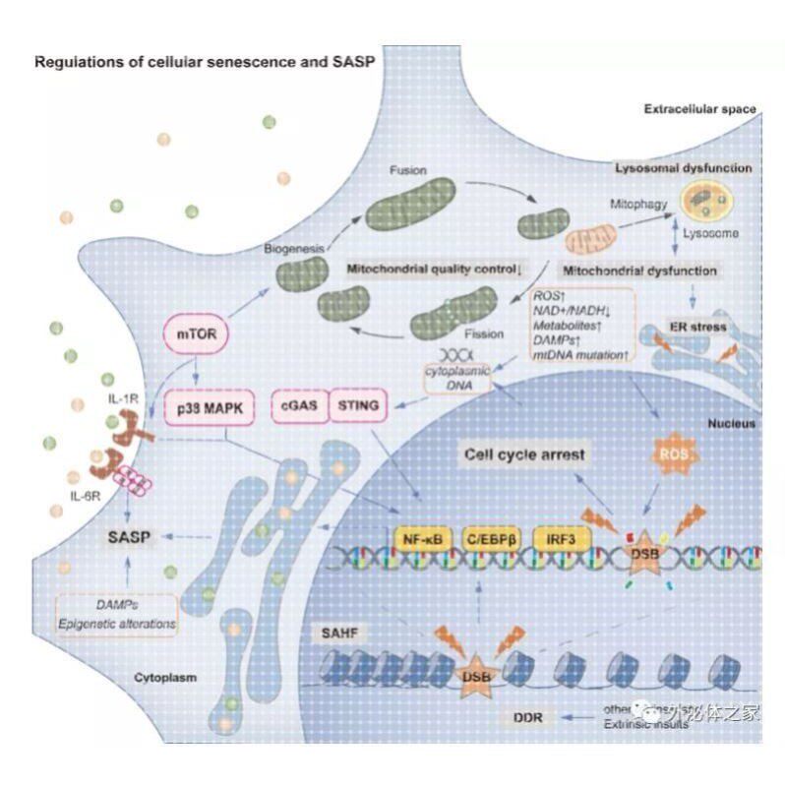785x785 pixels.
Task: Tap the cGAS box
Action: point(295,404)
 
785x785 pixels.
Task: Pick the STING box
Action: point(357,404)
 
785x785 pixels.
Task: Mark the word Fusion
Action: point(406,169)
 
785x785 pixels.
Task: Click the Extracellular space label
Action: point(699,109)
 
